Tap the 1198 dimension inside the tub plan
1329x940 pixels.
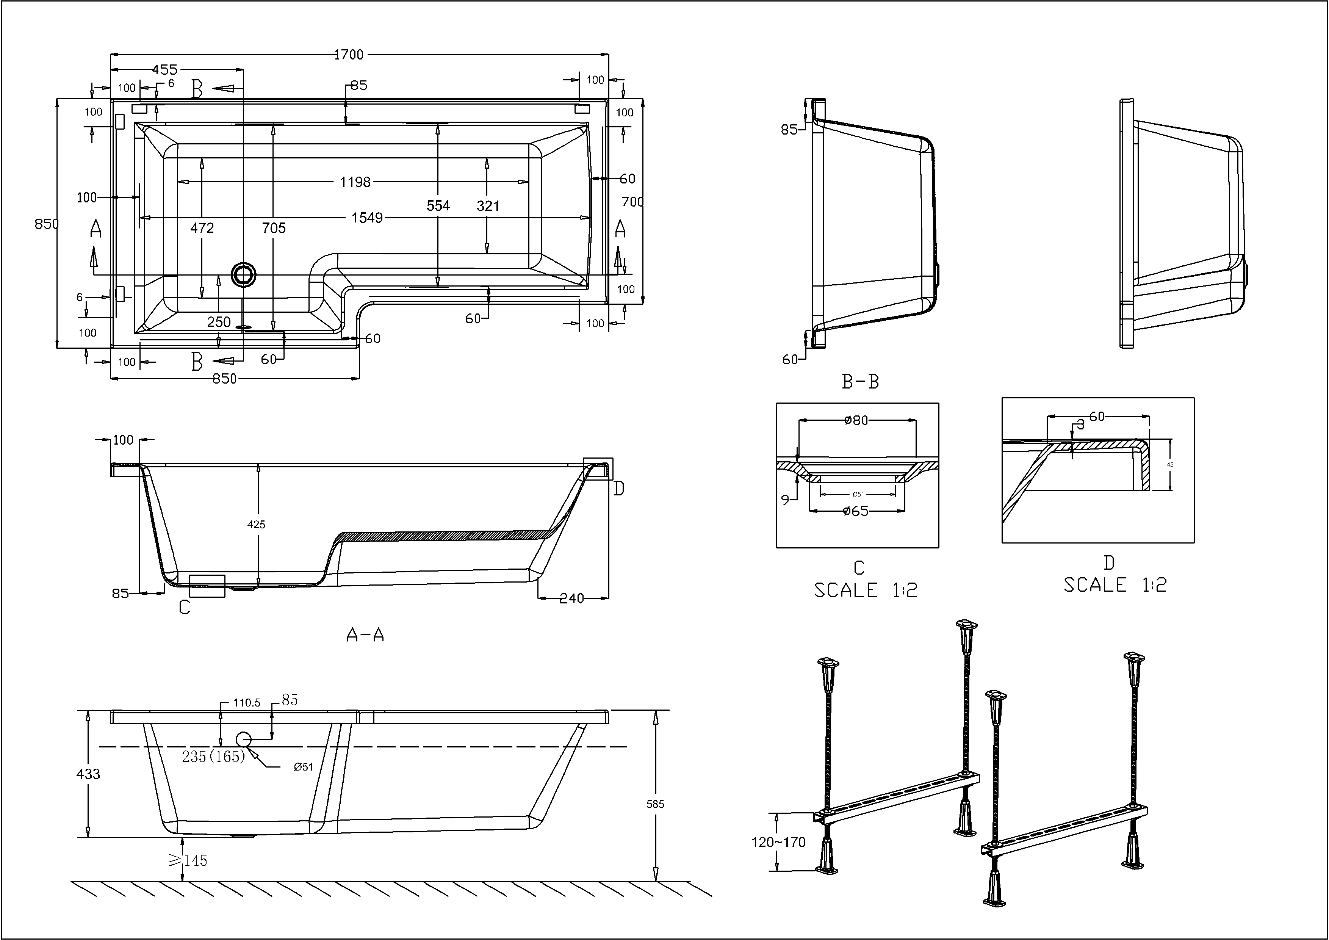pyautogui.click(x=355, y=182)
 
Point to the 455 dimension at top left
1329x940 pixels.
pyautogui.click(x=165, y=69)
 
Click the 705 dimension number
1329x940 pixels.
pyautogui.click(x=274, y=228)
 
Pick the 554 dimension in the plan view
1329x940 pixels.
pyautogui.click(x=438, y=205)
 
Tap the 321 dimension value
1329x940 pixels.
pyautogui.click(x=488, y=205)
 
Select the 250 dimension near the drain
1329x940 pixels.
pyautogui.click(x=219, y=322)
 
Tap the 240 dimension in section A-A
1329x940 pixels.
pyautogui.click(x=571, y=598)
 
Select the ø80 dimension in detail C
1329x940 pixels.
pyautogui.click(x=856, y=420)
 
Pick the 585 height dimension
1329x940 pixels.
pyautogui.click(x=655, y=804)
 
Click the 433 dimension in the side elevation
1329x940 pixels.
pyautogui.click(x=88, y=774)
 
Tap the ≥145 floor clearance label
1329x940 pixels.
pyautogui.click(x=188, y=861)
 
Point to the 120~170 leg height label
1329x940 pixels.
pyautogui.click(x=778, y=842)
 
